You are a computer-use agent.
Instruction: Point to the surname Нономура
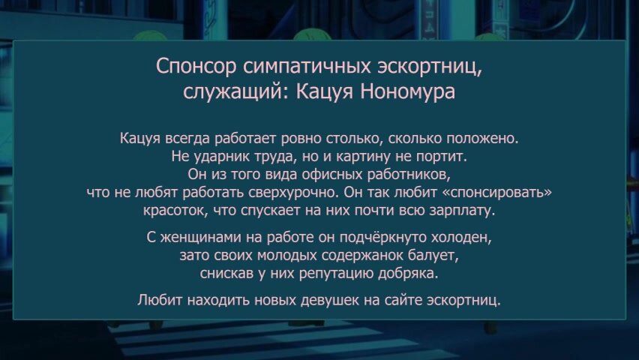407,91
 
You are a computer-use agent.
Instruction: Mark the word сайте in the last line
403,300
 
